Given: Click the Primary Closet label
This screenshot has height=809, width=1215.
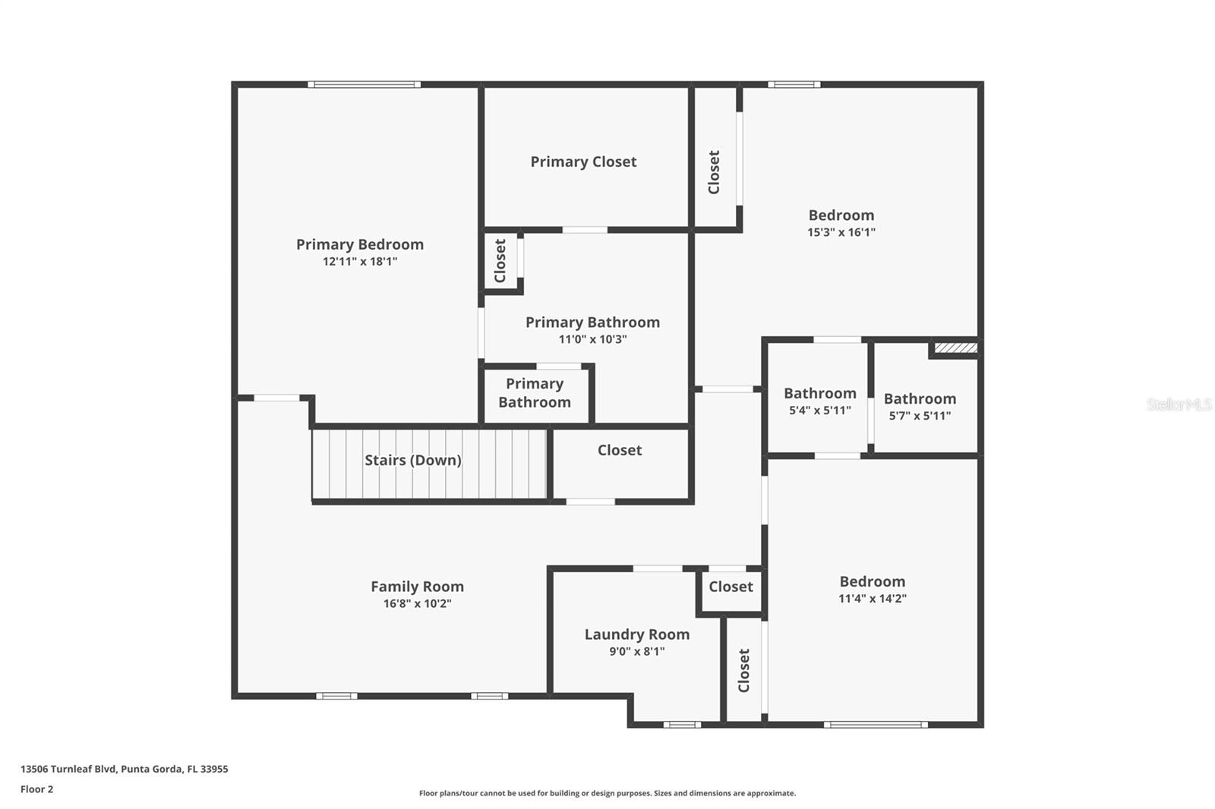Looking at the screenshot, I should coord(583,162).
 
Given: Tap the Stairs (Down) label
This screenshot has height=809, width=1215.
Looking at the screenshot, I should coord(412,460).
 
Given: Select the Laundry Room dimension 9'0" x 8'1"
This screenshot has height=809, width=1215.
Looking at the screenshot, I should coord(636,651).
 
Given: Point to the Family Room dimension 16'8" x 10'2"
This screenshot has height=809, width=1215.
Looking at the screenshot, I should coord(417,603).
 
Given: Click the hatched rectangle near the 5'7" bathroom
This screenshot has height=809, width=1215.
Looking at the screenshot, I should coord(955,348).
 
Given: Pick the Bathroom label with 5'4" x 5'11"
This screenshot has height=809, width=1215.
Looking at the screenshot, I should coord(819,393).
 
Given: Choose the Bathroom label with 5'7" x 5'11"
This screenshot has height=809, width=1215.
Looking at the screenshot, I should coord(920,398).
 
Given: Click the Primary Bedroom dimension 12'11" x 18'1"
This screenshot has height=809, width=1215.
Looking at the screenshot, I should coord(360,261).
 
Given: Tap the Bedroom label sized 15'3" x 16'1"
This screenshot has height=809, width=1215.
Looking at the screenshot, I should coord(841,215).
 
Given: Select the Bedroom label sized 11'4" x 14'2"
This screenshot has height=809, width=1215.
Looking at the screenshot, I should coord(872,581).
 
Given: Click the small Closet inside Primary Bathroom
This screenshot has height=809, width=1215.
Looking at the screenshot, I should coord(500,260).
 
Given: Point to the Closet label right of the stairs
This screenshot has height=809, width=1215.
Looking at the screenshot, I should coord(619,450).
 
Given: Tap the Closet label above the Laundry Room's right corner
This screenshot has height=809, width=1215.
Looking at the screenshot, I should coord(731,587).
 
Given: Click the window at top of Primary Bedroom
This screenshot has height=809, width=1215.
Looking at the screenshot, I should coord(364,84).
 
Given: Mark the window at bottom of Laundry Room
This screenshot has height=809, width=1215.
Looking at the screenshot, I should coord(682,724).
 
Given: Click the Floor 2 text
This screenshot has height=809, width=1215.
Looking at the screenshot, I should coord(36,789).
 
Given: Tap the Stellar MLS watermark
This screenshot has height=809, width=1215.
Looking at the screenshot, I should coord(1179,404).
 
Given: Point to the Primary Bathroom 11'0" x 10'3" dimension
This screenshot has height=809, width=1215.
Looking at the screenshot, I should coord(592,339).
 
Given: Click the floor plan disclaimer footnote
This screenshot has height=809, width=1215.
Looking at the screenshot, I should coord(607,793).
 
